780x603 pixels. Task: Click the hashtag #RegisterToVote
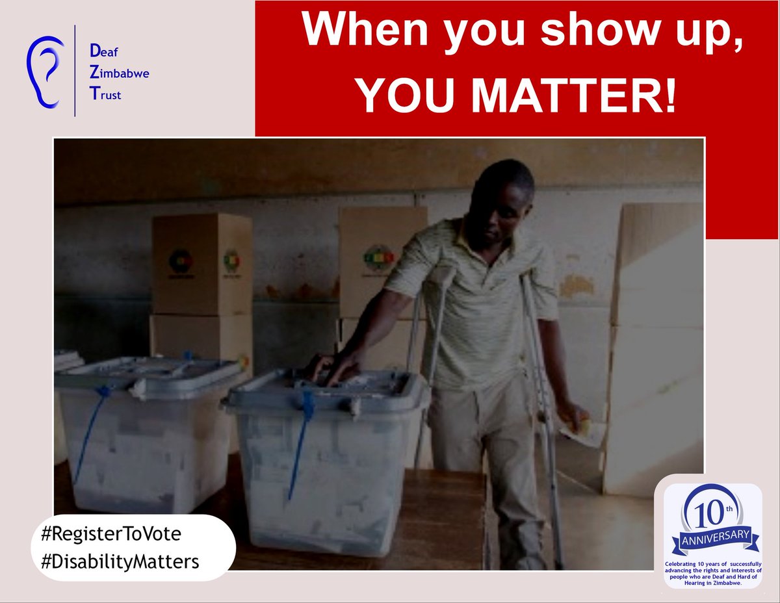(x=110, y=534)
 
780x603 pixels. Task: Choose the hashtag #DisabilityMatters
(x=120, y=561)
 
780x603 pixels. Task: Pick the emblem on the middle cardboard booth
(x=378, y=258)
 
